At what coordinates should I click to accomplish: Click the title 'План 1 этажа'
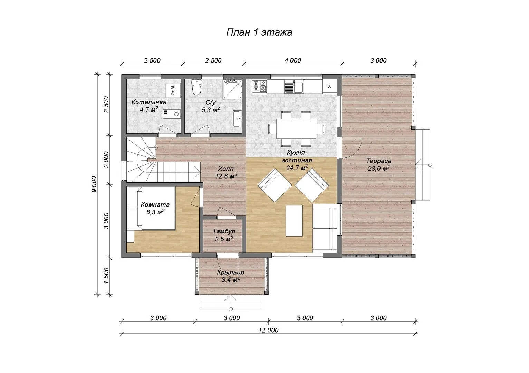pos(259,32)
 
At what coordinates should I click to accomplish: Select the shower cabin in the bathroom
pos(233,89)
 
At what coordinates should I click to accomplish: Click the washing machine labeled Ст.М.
pos(173,90)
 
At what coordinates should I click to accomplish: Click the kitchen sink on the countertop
pos(294,87)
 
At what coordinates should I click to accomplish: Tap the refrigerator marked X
pos(329,86)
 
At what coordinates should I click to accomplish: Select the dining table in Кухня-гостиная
pos(296,129)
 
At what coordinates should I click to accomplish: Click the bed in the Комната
pos(151,208)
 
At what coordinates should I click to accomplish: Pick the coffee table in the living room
pos(294,221)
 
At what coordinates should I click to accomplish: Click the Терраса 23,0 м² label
pos(379,165)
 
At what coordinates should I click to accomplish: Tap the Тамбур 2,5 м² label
pos(224,235)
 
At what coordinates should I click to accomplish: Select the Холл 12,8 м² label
pos(226,172)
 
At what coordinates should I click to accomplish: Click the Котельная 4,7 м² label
pos(149,106)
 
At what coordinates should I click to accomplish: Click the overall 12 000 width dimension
pos(269,330)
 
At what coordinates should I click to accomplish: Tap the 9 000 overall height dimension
pos(94,184)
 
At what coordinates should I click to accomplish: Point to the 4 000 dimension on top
pos(293,60)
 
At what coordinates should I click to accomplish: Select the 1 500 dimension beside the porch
pos(106,276)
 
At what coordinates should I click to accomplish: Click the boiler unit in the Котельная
pos(172,114)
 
